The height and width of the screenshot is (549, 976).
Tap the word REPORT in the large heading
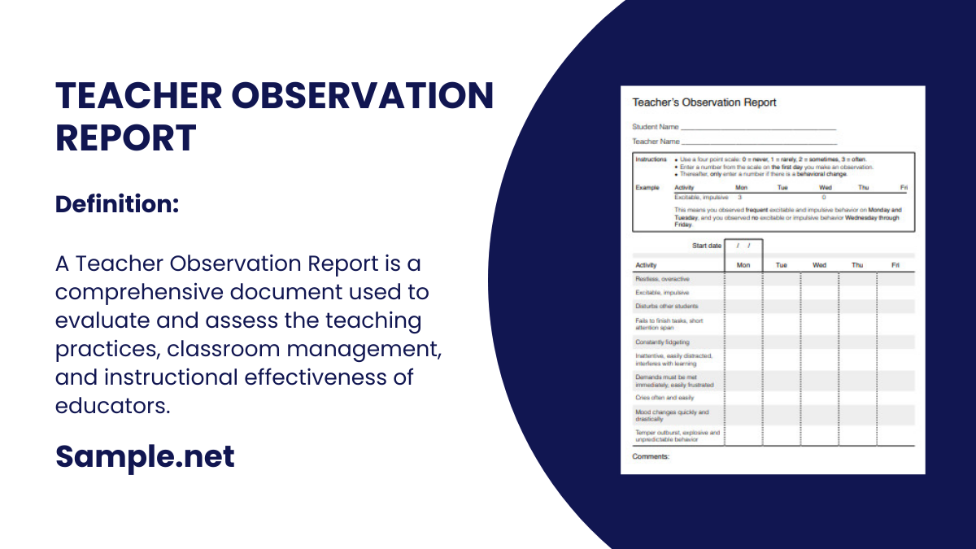tap(126, 137)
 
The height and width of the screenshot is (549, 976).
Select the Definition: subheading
tap(117, 205)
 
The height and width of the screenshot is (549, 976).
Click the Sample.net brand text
tap(145, 456)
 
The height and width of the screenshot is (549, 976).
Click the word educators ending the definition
tap(113, 405)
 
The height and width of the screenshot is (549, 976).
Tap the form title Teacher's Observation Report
tap(704, 102)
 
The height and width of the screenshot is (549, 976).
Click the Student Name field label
tap(656, 127)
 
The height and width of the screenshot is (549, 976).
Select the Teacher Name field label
tap(656, 142)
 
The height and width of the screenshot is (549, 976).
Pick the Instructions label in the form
tap(651, 159)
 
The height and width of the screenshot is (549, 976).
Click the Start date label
tap(707, 246)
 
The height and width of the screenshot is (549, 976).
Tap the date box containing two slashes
tap(743, 246)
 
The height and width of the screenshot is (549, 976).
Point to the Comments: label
tap(651, 457)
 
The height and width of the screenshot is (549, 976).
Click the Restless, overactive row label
tap(662, 279)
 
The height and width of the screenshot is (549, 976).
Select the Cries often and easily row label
tap(664, 398)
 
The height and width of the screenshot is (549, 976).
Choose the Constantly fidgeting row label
tap(662, 342)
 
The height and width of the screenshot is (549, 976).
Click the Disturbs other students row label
tap(666, 307)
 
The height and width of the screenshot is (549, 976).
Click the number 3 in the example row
tap(739, 198)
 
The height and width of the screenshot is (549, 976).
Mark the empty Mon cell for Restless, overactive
tap(743, 279)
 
